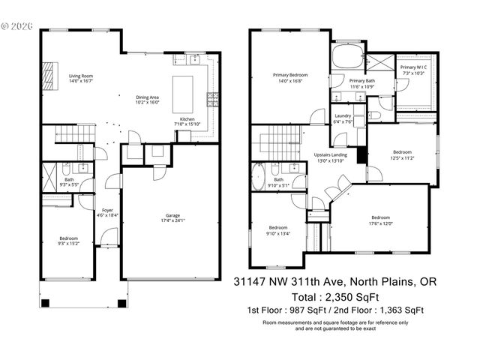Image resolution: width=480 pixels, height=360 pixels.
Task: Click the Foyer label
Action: click(108, 213)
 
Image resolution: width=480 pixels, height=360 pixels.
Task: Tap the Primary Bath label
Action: click(361, 84)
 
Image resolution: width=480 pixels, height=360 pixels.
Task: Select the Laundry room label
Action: click(343, 118)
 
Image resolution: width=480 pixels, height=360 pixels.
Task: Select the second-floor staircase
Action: click(274, 140)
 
